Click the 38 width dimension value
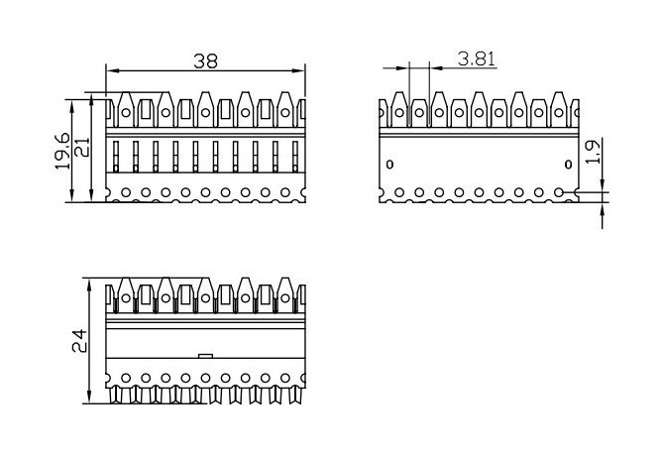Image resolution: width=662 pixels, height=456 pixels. tap(205, 60)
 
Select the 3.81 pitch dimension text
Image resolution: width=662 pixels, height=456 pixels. tap(477, 58)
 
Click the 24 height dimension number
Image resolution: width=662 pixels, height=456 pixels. tap(82, 343)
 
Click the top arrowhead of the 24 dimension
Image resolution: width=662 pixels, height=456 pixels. tap(94, 287)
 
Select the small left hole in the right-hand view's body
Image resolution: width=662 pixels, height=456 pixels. tap(389, 164)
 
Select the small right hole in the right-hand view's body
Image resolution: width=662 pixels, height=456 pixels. tap(568, 164)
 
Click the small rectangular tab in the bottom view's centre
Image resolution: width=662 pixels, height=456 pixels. tap(205, 354)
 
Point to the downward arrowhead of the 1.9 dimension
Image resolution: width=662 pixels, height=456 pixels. tap(603, 185)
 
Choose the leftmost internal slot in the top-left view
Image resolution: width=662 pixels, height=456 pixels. tap(116, 157)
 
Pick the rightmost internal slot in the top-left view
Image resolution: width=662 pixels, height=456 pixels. tap(296, 157)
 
